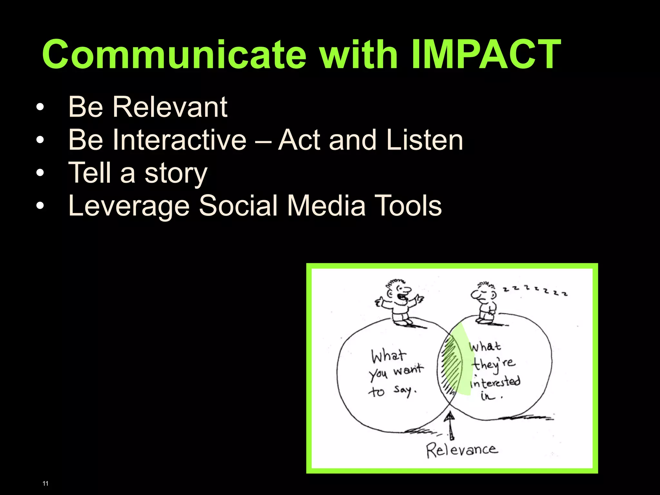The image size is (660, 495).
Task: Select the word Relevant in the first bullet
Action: [170, 107]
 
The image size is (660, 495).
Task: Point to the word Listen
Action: [424, 140]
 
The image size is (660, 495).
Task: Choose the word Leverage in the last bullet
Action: [129, 206]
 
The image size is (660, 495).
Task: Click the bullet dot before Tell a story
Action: [40, 173]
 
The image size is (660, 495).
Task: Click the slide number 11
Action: [45, 483]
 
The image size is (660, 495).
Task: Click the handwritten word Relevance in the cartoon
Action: [462, 450]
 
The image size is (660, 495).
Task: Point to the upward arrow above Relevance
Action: [450, 425]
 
